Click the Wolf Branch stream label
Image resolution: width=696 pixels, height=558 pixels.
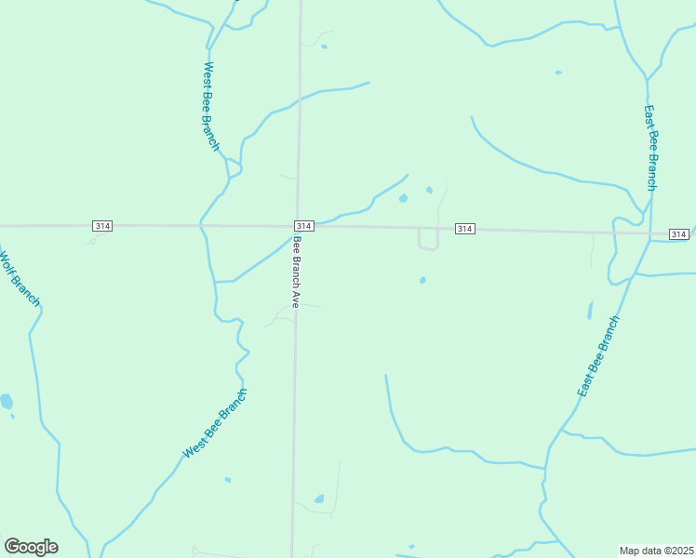pos(19,277)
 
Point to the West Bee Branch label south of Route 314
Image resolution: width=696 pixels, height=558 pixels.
pos(216,423)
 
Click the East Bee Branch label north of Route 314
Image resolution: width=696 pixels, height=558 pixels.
pos(651,147)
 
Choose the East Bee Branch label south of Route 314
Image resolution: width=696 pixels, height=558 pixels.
pos(598,356)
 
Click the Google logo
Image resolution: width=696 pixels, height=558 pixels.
pos(31,547)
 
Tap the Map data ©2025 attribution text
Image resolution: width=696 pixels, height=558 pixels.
pos(657,551)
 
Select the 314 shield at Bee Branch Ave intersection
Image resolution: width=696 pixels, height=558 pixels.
pos(303,226)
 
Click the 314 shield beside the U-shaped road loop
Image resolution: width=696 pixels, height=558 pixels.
pos(465,229)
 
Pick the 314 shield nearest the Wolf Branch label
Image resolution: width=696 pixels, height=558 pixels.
pos(102,226)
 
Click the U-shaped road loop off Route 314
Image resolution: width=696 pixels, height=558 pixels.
pos(428,242)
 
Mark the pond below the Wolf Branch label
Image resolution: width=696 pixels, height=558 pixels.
pos(7,402)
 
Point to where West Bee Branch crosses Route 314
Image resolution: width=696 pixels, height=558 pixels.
pos(201,225)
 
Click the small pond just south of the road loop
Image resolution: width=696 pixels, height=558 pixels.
pos(422,280)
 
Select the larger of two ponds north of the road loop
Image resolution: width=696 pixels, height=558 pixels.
pos(403,198)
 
